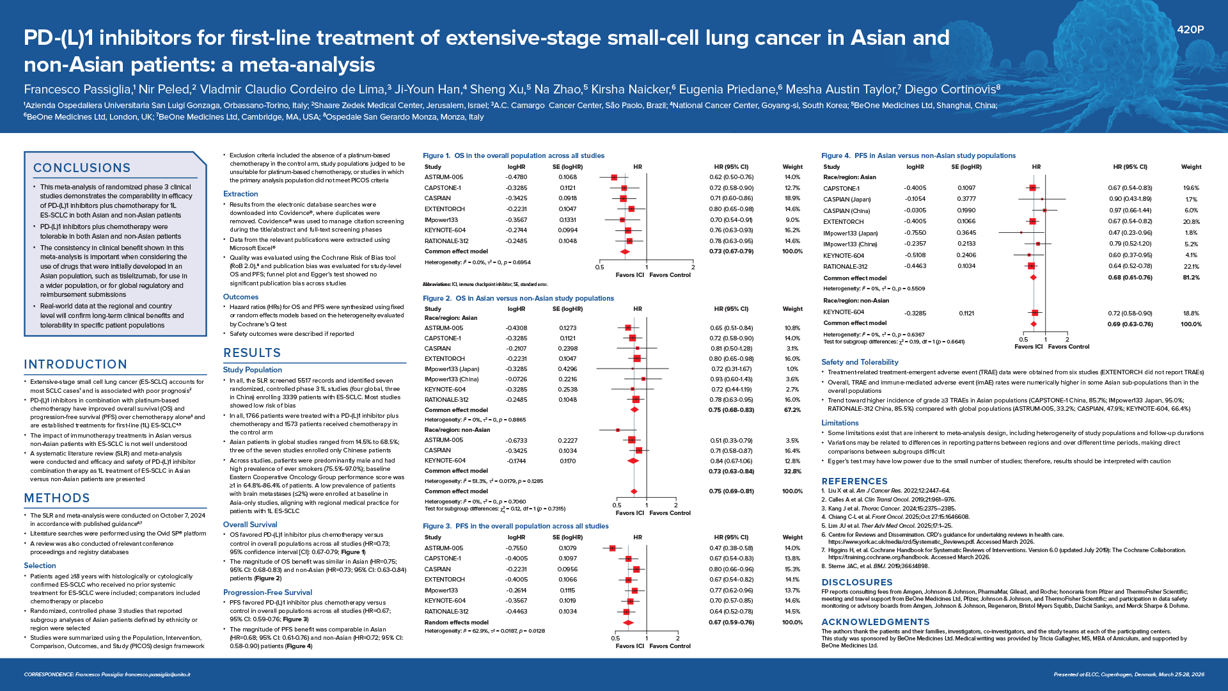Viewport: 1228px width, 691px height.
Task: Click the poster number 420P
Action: coord(1190,29)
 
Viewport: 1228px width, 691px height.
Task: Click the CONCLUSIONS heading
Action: coord(82,168)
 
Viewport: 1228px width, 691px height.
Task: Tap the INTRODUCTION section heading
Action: coord(75,364)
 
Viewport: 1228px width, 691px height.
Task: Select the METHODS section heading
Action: coord(57,498)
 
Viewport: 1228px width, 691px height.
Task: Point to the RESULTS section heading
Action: coord(252,353)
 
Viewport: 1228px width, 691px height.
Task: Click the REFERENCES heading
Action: coord(854,481)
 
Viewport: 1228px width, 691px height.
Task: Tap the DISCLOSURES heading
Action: coord(857,582)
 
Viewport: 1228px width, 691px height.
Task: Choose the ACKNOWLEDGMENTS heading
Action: coord(876,622)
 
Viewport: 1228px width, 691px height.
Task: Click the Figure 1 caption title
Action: coord(514,155)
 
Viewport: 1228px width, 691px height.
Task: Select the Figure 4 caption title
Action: coord(918,155)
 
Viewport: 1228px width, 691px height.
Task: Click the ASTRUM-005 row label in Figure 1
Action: coord(444,177)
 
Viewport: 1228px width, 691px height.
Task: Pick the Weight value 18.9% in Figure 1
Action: coord(792,198)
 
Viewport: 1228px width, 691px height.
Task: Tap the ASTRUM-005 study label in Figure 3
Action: coord(444,548)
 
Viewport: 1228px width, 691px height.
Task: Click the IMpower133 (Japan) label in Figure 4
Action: coord(851,233)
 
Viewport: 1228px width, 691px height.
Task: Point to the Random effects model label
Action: coord(457,622)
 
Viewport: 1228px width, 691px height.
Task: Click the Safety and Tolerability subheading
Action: coord(860,362)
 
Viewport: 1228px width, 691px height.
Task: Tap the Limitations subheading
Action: coord(840,423)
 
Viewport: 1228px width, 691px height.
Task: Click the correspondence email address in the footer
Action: coord(157,674)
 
